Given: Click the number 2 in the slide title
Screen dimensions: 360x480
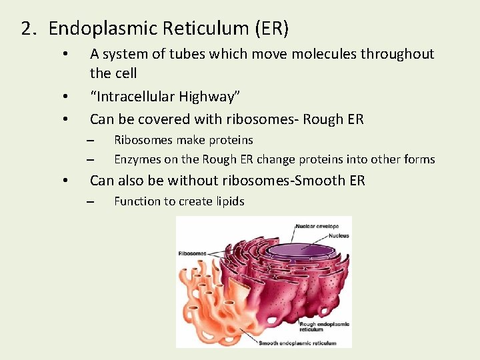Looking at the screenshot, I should coord(26,29).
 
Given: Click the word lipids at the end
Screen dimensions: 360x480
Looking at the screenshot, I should coord(228,201).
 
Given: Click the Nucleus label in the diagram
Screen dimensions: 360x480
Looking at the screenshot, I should coord(325,235).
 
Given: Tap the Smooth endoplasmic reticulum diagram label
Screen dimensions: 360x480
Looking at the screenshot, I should coord(297,343).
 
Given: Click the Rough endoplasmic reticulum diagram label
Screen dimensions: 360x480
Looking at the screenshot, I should coord(324,327).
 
